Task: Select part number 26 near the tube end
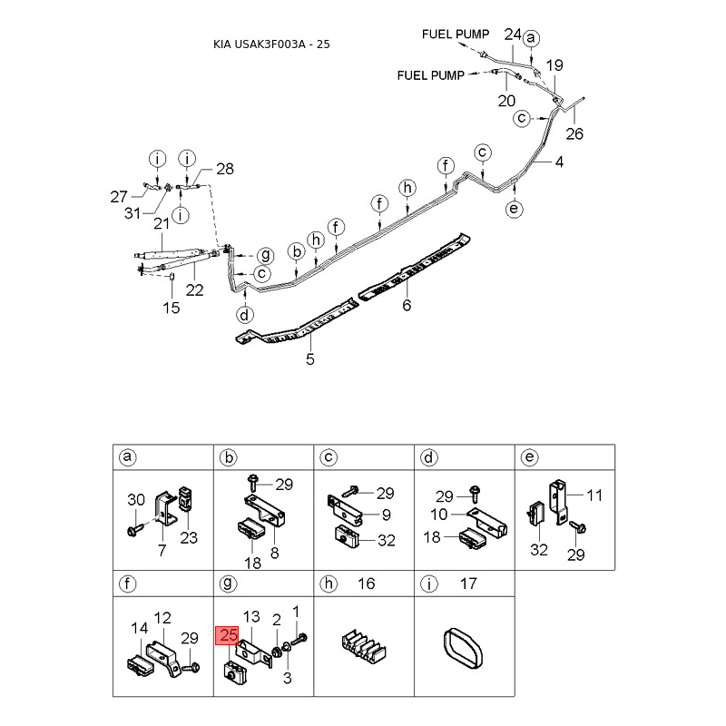pyautogui.click(x=574, y=134)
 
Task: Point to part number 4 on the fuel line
pyautogui.click(x=559, y=163)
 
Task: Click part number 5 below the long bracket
pyautogui.click(x=310, y=359)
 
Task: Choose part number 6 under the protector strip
pyautogui.click(x=407, y=305)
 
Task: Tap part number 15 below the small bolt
pyautogui.click(x=172, y=308)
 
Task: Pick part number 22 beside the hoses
pyautogui.click(x=195, y=290)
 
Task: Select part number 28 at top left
pyautogui.click(x=224, y=169)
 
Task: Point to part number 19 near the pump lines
pyautogui.click(x=554, y=64)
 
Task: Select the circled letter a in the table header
pyautogui.click(x=129, y=458)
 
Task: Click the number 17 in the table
pyautogui.click(x=468, y=584)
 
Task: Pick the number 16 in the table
pyautogui.click(x=368, y=584)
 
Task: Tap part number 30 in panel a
pyautogui.click(x=135, y=500)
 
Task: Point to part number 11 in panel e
pyautogui.click(x=594, y=495)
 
